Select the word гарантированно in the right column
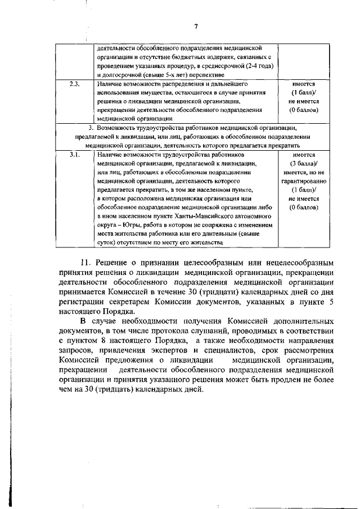[304, 181]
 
